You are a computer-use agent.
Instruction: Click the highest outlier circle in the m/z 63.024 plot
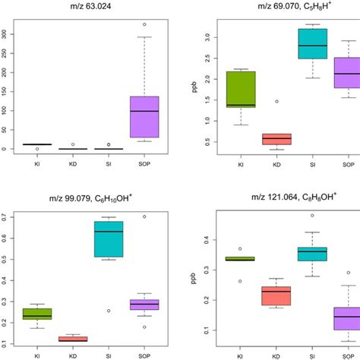coord(144,24)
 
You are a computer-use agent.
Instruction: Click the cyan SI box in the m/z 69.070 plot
coord(312,43)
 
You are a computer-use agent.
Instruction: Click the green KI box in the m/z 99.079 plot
coord(36,314)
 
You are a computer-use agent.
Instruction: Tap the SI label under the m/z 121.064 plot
coord(312,354)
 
